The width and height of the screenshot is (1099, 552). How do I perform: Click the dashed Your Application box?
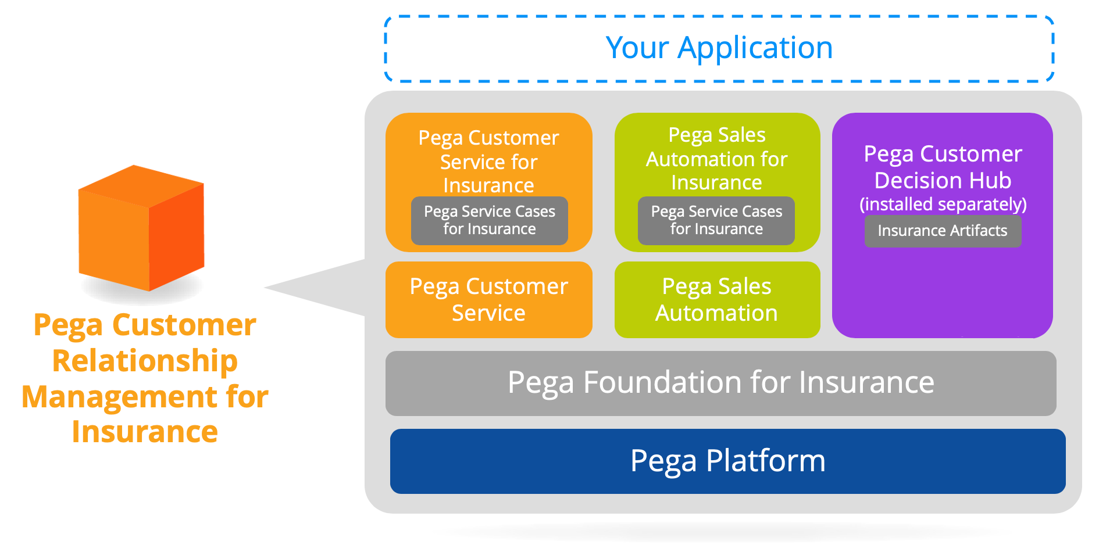coord(719,49)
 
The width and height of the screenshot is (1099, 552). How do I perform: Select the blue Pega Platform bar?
coord(727,461)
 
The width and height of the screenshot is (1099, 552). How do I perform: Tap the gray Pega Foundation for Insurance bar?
coord(720,383)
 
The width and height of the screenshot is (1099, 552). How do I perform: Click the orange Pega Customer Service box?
coord(488,300)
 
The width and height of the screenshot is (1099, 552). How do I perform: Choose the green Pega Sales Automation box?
coord(716,300)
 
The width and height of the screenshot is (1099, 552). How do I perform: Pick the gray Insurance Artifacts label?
coord(942,231)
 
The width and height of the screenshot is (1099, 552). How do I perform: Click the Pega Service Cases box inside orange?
coord(489,220)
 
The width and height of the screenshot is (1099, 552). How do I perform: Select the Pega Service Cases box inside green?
coord(716,220)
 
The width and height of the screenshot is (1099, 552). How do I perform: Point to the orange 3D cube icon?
coord(141,230)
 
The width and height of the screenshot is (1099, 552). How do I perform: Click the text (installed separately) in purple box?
coord(943,204)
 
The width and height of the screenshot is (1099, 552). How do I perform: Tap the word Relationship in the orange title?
coord(145,361)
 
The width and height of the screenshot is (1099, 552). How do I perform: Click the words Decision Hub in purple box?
coord(943,181)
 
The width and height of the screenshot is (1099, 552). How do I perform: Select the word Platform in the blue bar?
coord(765,461)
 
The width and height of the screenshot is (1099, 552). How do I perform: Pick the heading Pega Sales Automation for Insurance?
coord(716,159)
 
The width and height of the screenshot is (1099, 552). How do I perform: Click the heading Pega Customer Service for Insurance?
coord(488,161)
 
